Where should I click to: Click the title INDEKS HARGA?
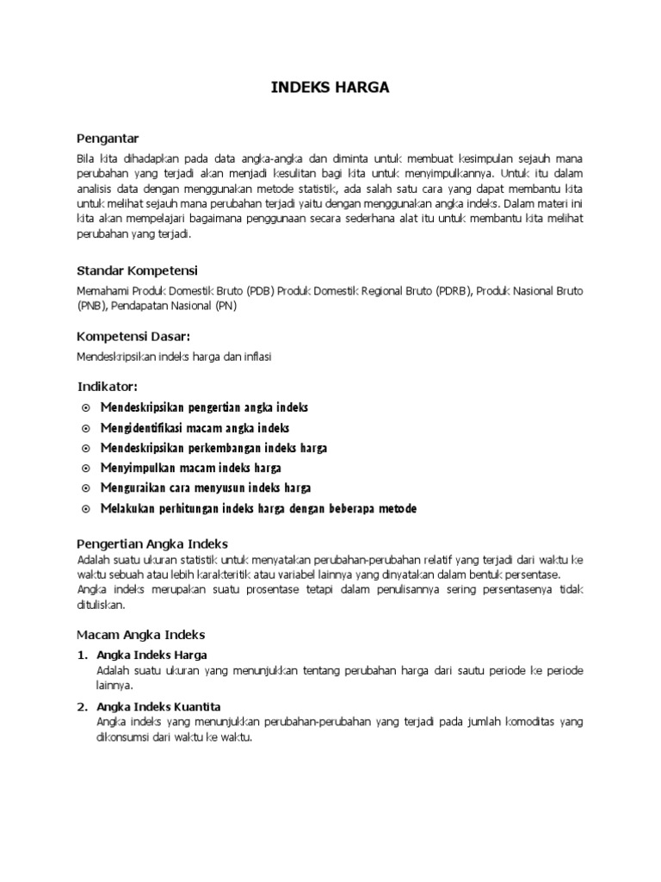330,87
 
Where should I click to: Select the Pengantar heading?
108,138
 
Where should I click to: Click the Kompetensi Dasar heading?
133,334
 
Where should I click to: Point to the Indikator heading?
108,385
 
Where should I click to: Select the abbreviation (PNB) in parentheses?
91,305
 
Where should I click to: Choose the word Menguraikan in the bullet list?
133,488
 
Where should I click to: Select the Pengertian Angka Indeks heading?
152,543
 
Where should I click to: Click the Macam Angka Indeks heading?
140,634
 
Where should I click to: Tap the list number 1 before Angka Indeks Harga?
82,655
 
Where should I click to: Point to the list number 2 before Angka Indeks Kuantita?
82,707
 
